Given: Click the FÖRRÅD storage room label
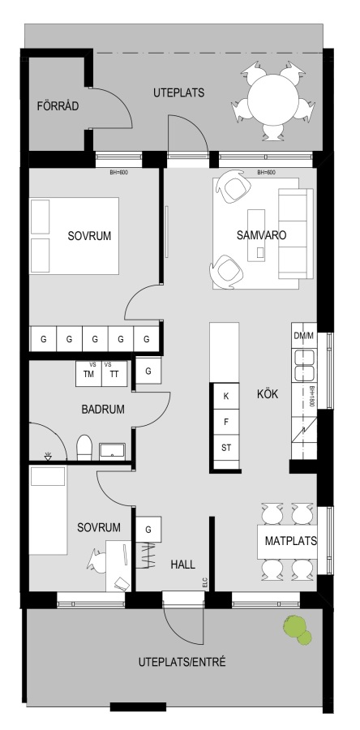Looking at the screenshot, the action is point(58,106).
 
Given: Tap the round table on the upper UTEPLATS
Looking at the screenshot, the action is point(272,99).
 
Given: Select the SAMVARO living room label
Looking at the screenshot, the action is point(261,235).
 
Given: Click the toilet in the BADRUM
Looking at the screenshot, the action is point(84,448).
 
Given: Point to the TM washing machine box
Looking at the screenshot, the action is point(88,373).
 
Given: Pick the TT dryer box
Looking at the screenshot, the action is point(114,373).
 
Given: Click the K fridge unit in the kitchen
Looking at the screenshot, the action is point(226,396).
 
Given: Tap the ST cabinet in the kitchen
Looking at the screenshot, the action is point(226,449).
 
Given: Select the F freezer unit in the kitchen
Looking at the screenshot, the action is point(226,423).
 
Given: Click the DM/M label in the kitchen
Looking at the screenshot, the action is point(304,336).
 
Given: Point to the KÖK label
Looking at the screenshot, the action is point(268,394).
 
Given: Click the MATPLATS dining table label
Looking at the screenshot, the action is point(291,541).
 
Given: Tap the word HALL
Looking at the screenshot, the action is point(182,565).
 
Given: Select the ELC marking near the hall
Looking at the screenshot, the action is point(204,582).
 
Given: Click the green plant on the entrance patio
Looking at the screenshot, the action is point(298,630).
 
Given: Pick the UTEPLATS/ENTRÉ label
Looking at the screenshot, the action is point(182,662).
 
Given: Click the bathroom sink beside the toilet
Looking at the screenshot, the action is point(112,451).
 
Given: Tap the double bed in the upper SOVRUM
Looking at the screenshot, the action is point(74,236).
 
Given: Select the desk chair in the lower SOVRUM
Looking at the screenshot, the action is point(96,560).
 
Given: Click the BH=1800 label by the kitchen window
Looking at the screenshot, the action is point(312,397).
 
